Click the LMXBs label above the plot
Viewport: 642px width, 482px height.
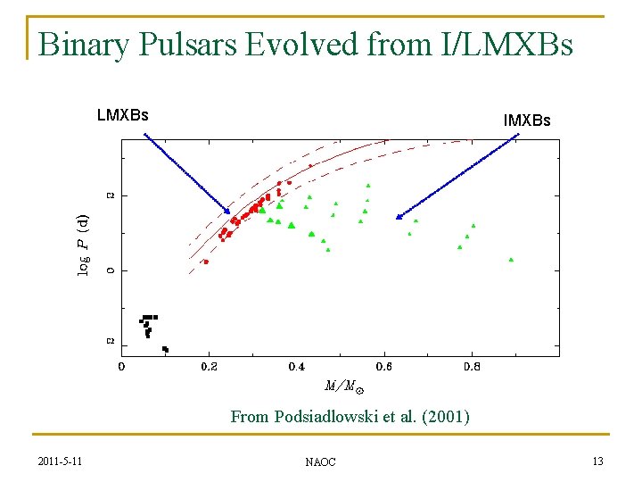(122, 114)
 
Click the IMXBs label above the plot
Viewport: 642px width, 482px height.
(527, 120)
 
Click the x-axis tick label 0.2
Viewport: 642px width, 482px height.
(209, 366)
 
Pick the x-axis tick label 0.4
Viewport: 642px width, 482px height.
(296, 366)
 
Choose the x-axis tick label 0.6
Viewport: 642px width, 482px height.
(383, 366)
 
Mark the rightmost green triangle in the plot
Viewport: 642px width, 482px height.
(511, 260)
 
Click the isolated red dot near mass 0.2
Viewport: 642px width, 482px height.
(206, 262)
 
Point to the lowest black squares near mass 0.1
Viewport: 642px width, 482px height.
(165, 349)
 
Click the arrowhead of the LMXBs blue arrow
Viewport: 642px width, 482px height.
(228, 212)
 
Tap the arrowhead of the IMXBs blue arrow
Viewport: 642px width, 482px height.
(399, 217)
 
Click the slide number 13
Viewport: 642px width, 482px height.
(597, 461)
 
